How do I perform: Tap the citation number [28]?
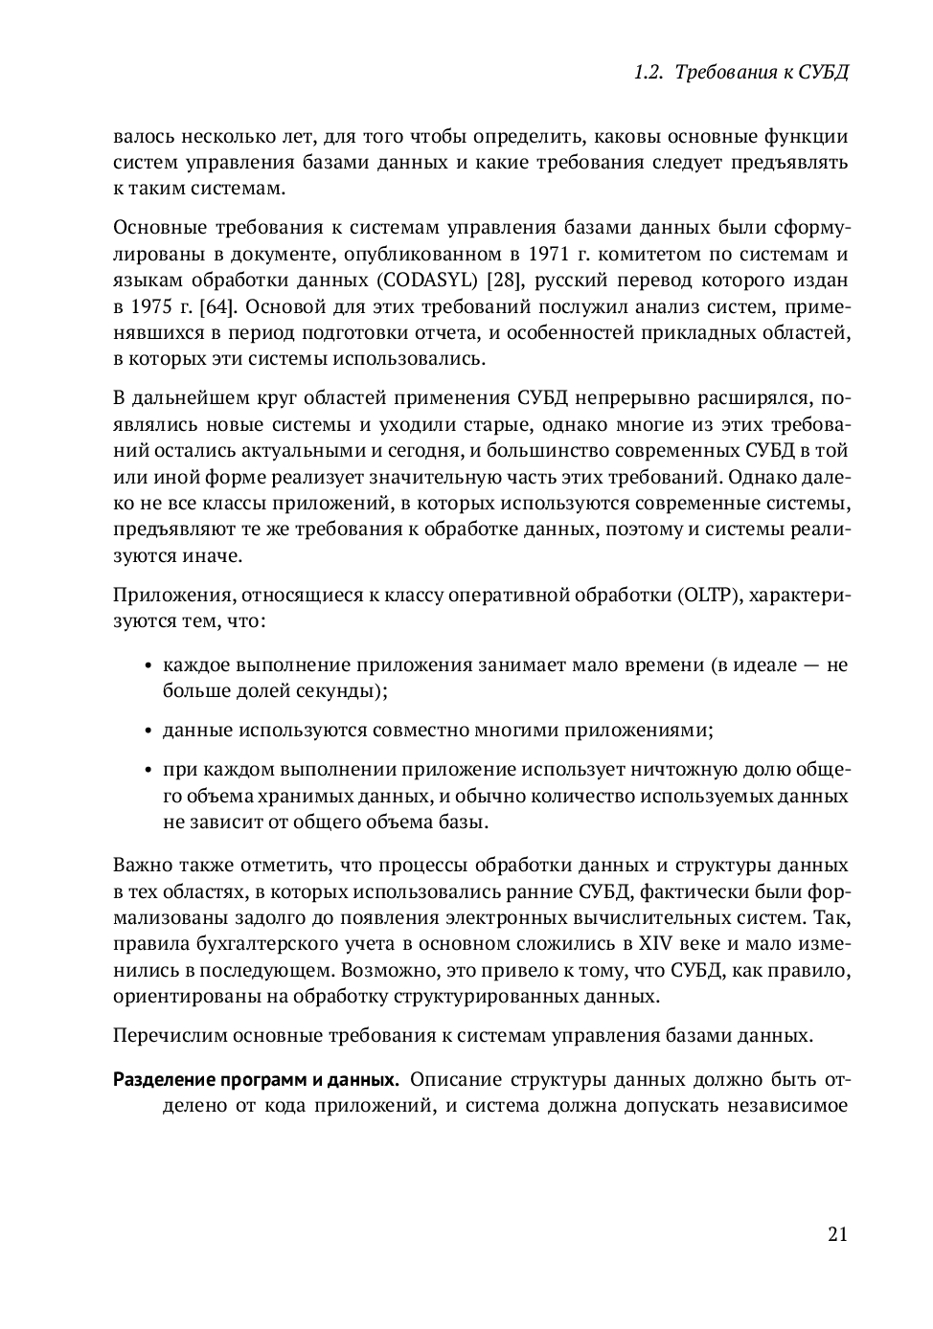click(504, 281)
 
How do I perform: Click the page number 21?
click(837, 1233)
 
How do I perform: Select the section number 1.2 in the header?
click(649, 73)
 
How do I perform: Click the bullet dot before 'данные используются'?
click(148, 732)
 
